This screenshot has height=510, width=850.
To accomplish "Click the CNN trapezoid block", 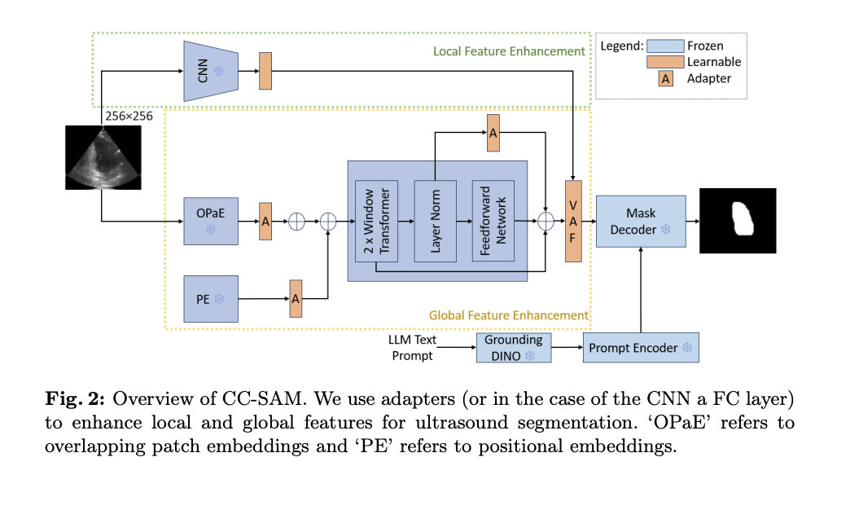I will point(210,72).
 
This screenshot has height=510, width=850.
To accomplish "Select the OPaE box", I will point(211,220).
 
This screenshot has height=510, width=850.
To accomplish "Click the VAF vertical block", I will point(575,222).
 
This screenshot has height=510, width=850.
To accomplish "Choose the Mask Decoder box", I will point(641,221).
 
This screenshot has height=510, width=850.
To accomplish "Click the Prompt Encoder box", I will point(640,348).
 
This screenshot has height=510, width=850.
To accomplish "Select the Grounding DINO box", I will point(513,348).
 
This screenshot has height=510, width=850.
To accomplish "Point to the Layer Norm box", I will point(435,221).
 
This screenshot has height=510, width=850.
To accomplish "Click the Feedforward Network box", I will point(493,221).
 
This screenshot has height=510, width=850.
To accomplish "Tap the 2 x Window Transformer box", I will point(376,221).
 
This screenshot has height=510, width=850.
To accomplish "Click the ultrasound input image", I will point(102,156).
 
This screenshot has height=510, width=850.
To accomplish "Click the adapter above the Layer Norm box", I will point(493,133).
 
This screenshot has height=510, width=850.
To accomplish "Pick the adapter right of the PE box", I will point(296,299).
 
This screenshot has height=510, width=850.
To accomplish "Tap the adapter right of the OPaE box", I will point(265,221).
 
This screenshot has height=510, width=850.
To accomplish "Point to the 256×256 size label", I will point(127,117).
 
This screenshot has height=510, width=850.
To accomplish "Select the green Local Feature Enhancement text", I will point(508,51).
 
